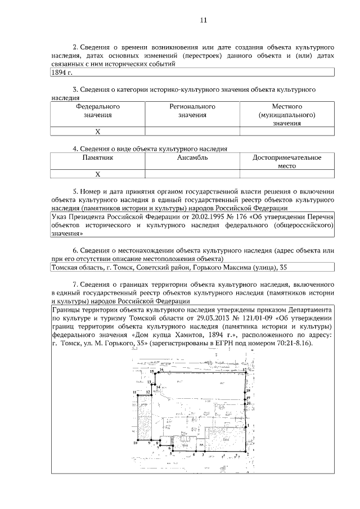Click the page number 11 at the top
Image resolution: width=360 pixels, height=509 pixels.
[204, 21]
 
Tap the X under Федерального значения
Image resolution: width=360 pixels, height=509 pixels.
[97, 132]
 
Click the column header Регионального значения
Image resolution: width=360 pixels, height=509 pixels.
[192, 110]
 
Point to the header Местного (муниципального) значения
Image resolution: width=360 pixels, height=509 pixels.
[287, 114]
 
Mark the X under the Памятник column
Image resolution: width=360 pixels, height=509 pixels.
[97, 174]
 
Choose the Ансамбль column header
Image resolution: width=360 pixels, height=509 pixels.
[192, 158]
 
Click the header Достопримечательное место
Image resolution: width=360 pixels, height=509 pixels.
[287, 162]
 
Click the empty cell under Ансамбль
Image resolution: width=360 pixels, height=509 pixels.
[192, 174]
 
